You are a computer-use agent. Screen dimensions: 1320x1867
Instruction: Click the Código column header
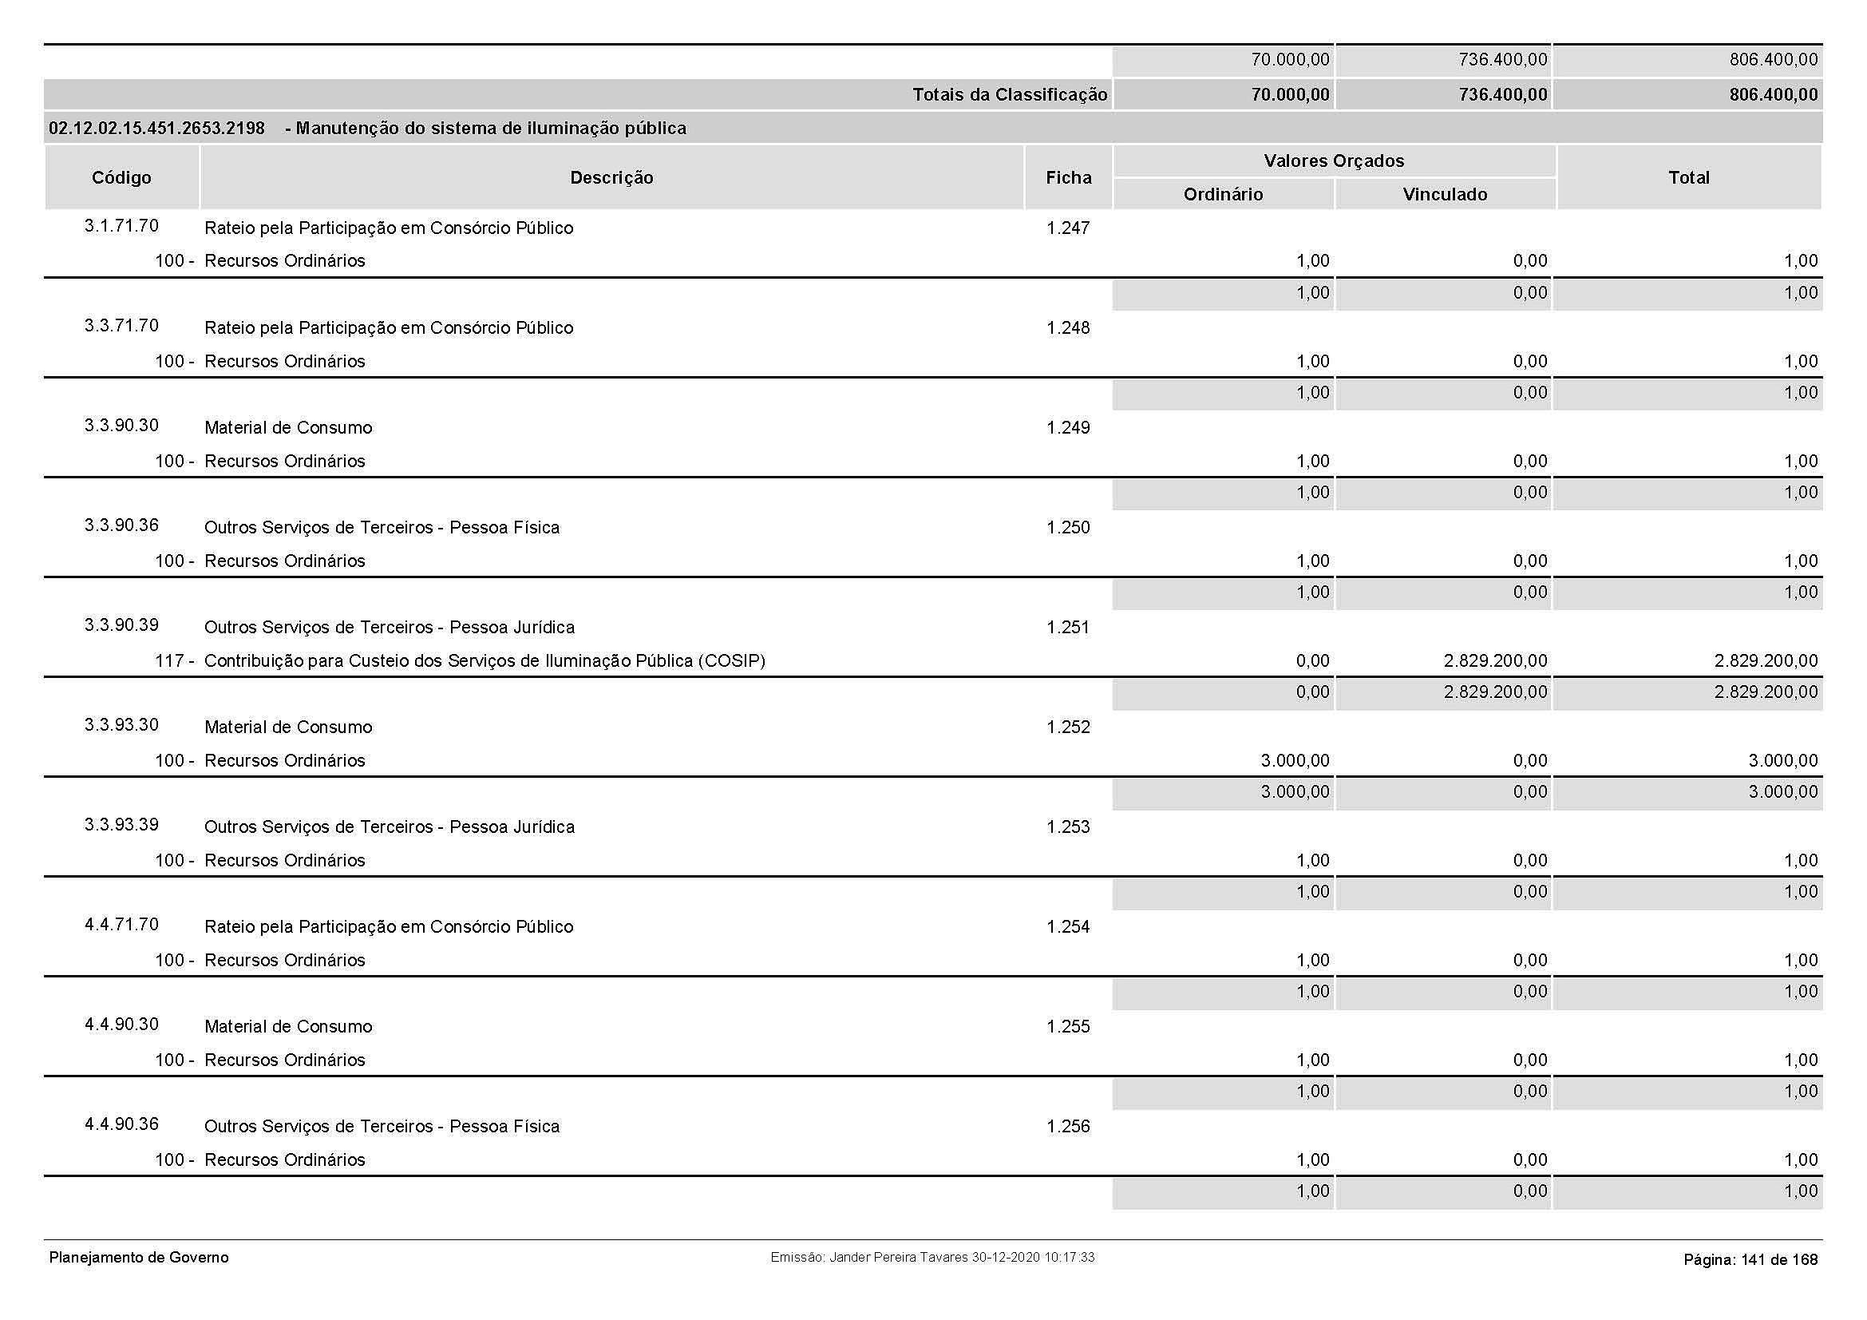click(x=121, y=177)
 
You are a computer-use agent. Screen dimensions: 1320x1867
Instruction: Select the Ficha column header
click(x=1069, y=177)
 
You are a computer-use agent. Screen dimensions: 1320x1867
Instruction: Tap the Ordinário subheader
click(x=1223, y=194)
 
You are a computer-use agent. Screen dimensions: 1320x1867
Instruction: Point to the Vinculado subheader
click(x=1445, y=194)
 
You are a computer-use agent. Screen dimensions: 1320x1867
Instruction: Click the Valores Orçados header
click(x=1334, y=161)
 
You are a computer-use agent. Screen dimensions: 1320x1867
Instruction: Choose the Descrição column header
click(x=611, y=177)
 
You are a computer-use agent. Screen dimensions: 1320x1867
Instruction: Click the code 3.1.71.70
click(x=121, y=226)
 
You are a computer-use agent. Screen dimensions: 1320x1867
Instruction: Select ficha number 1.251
click(x=1068, y=627)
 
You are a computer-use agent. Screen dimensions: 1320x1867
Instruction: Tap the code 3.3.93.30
click(x=121, y=724)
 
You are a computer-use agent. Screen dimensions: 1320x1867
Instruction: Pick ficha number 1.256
click(x=1068, y=1127)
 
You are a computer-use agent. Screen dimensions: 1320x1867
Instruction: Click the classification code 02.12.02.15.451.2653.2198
click(x=157, y=129)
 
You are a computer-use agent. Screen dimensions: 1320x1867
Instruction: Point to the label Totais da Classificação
click(x=1010, y=95)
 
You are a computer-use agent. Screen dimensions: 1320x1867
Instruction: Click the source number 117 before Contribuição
click(x=169, y=661)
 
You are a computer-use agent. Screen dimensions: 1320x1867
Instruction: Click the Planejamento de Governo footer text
click(x=139, y=1258)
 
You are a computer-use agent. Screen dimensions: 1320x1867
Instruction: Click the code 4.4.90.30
click(x=121, y=1024)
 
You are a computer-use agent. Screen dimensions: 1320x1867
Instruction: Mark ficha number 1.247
click(x=1068, y=228)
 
